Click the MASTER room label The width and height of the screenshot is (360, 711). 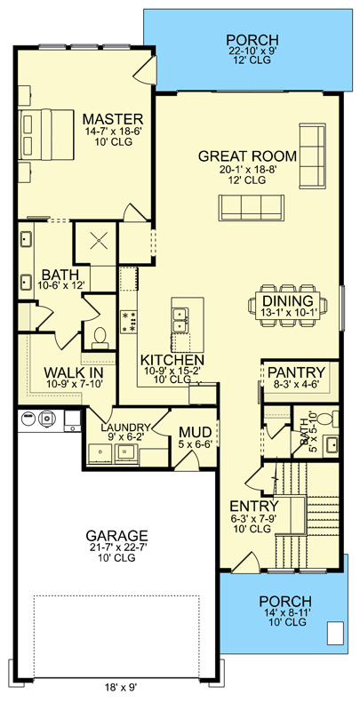click(112, 119)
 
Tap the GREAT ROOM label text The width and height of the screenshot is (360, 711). click(247, 156)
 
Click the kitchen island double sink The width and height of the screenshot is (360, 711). click(183, 315)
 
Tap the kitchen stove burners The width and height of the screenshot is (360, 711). click(129, 322)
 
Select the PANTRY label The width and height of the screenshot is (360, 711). click(298, 371)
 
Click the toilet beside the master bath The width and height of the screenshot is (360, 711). click(100, 336)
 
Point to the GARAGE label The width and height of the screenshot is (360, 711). click(116, 536)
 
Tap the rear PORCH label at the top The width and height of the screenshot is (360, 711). click(252, 40)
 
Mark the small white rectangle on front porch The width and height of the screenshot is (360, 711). click(334, 634)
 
